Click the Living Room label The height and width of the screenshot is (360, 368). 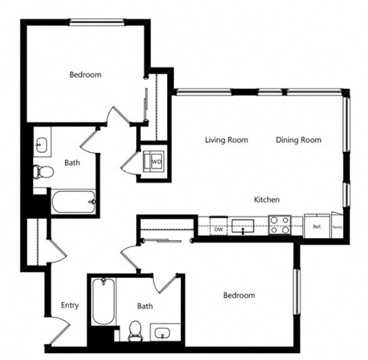click(x=226, y=140)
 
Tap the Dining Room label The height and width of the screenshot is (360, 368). click(x=298, y=140)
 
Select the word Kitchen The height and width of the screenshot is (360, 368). click(x=267, y=200)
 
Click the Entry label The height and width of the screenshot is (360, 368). click(x=70, y=306)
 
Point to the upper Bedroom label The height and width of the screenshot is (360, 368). click(x=85, y=74)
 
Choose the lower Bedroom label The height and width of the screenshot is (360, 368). click(x=238, y=296)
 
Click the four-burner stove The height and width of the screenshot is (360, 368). click(x=280, y=225)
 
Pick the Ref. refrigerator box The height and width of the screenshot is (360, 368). click(x=317, y=226)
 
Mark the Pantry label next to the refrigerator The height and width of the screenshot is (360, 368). click(x=337, y=227)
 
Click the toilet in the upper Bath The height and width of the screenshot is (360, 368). click(x=42, y=172)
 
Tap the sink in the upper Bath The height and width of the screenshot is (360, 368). click(x=42, y=144)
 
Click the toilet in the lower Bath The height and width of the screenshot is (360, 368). click(x=136, y=331)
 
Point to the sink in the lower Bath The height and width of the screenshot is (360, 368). click(x=164, y=332)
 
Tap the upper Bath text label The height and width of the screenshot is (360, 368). click(x=72, y=163)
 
